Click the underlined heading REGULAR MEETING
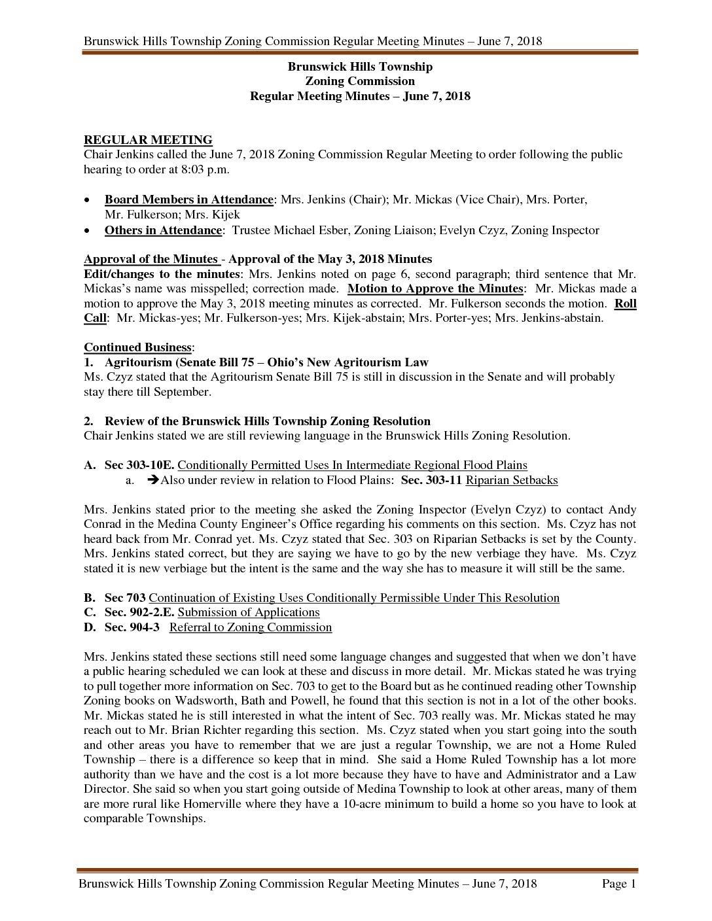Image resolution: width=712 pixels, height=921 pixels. tap(148, 140)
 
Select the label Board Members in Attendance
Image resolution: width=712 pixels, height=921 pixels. tap(188, 200)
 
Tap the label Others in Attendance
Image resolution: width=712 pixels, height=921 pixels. tap(163, 230)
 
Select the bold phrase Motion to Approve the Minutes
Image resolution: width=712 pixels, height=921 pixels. tap(435, 288)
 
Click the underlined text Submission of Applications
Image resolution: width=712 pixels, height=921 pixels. tap(249, 612)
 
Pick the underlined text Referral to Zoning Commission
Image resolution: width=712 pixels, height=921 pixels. tap(251, 627)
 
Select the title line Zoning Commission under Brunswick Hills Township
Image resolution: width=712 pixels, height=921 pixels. tap(360, 81)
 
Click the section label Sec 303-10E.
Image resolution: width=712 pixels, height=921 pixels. tap(139, 465)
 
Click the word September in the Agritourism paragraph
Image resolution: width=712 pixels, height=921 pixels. tap(182, 392)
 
